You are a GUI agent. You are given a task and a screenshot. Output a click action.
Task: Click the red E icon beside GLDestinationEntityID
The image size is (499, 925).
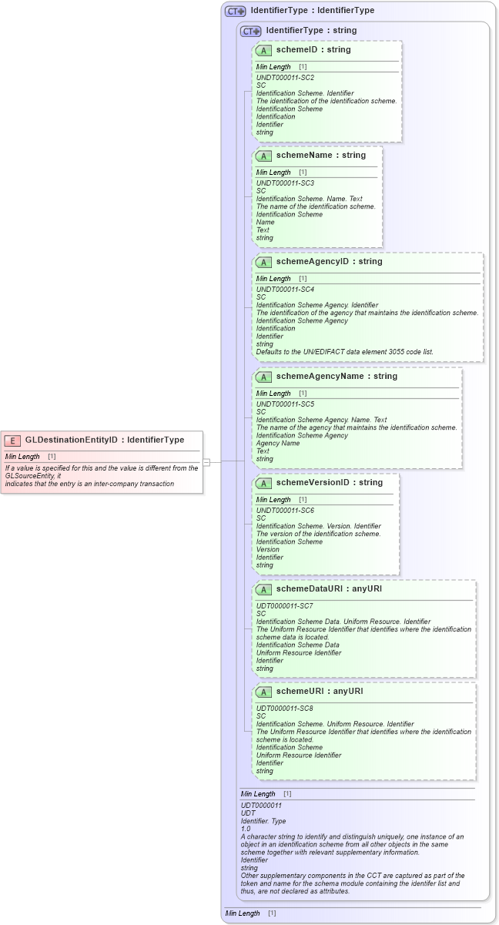[12, 441]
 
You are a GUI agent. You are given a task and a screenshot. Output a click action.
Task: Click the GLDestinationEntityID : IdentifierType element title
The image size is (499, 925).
[105, 440]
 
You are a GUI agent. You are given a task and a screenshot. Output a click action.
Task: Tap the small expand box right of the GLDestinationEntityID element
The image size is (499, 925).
[206, 462]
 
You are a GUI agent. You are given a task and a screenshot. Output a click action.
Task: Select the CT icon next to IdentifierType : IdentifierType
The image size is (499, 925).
[235, 11]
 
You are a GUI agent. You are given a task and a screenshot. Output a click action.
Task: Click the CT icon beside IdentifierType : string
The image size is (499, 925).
[251, 31]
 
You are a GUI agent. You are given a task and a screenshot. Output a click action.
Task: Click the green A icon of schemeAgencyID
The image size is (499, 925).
[263, 263]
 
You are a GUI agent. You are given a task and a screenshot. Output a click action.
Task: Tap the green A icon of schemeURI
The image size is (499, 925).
[263, 692]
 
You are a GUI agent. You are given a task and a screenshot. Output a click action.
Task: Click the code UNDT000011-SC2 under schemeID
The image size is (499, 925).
[285, 78]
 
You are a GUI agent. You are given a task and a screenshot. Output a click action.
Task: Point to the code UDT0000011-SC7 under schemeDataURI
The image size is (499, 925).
[285, 606]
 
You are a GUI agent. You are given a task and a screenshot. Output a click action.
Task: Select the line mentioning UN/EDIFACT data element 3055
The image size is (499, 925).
[344, 352]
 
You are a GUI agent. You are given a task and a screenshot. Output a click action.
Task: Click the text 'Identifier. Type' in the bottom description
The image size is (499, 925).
[263, 821]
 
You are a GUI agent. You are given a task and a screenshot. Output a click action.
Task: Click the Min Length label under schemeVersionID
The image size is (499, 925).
[273, 500]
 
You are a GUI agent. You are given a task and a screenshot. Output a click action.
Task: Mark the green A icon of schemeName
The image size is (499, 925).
[263, 156]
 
